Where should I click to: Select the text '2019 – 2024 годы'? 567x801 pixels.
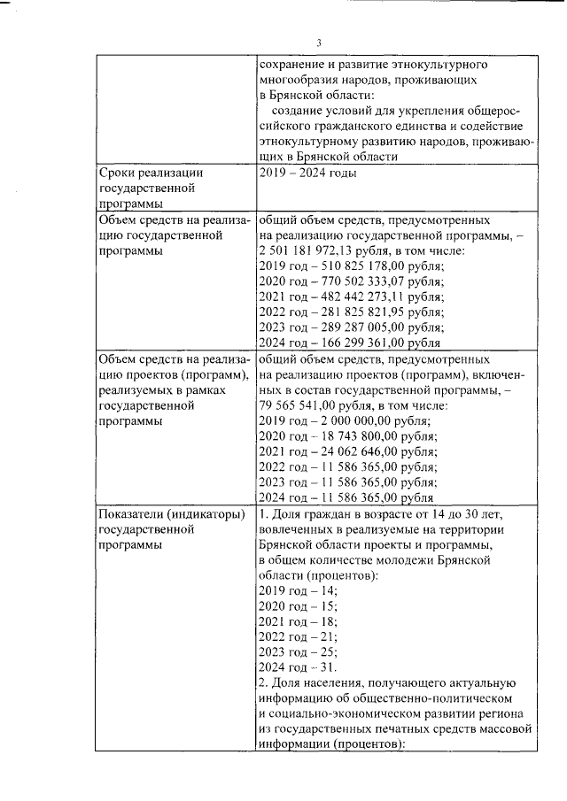[x=307, y=173]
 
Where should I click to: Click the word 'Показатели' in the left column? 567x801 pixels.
[x=134, y=516]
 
